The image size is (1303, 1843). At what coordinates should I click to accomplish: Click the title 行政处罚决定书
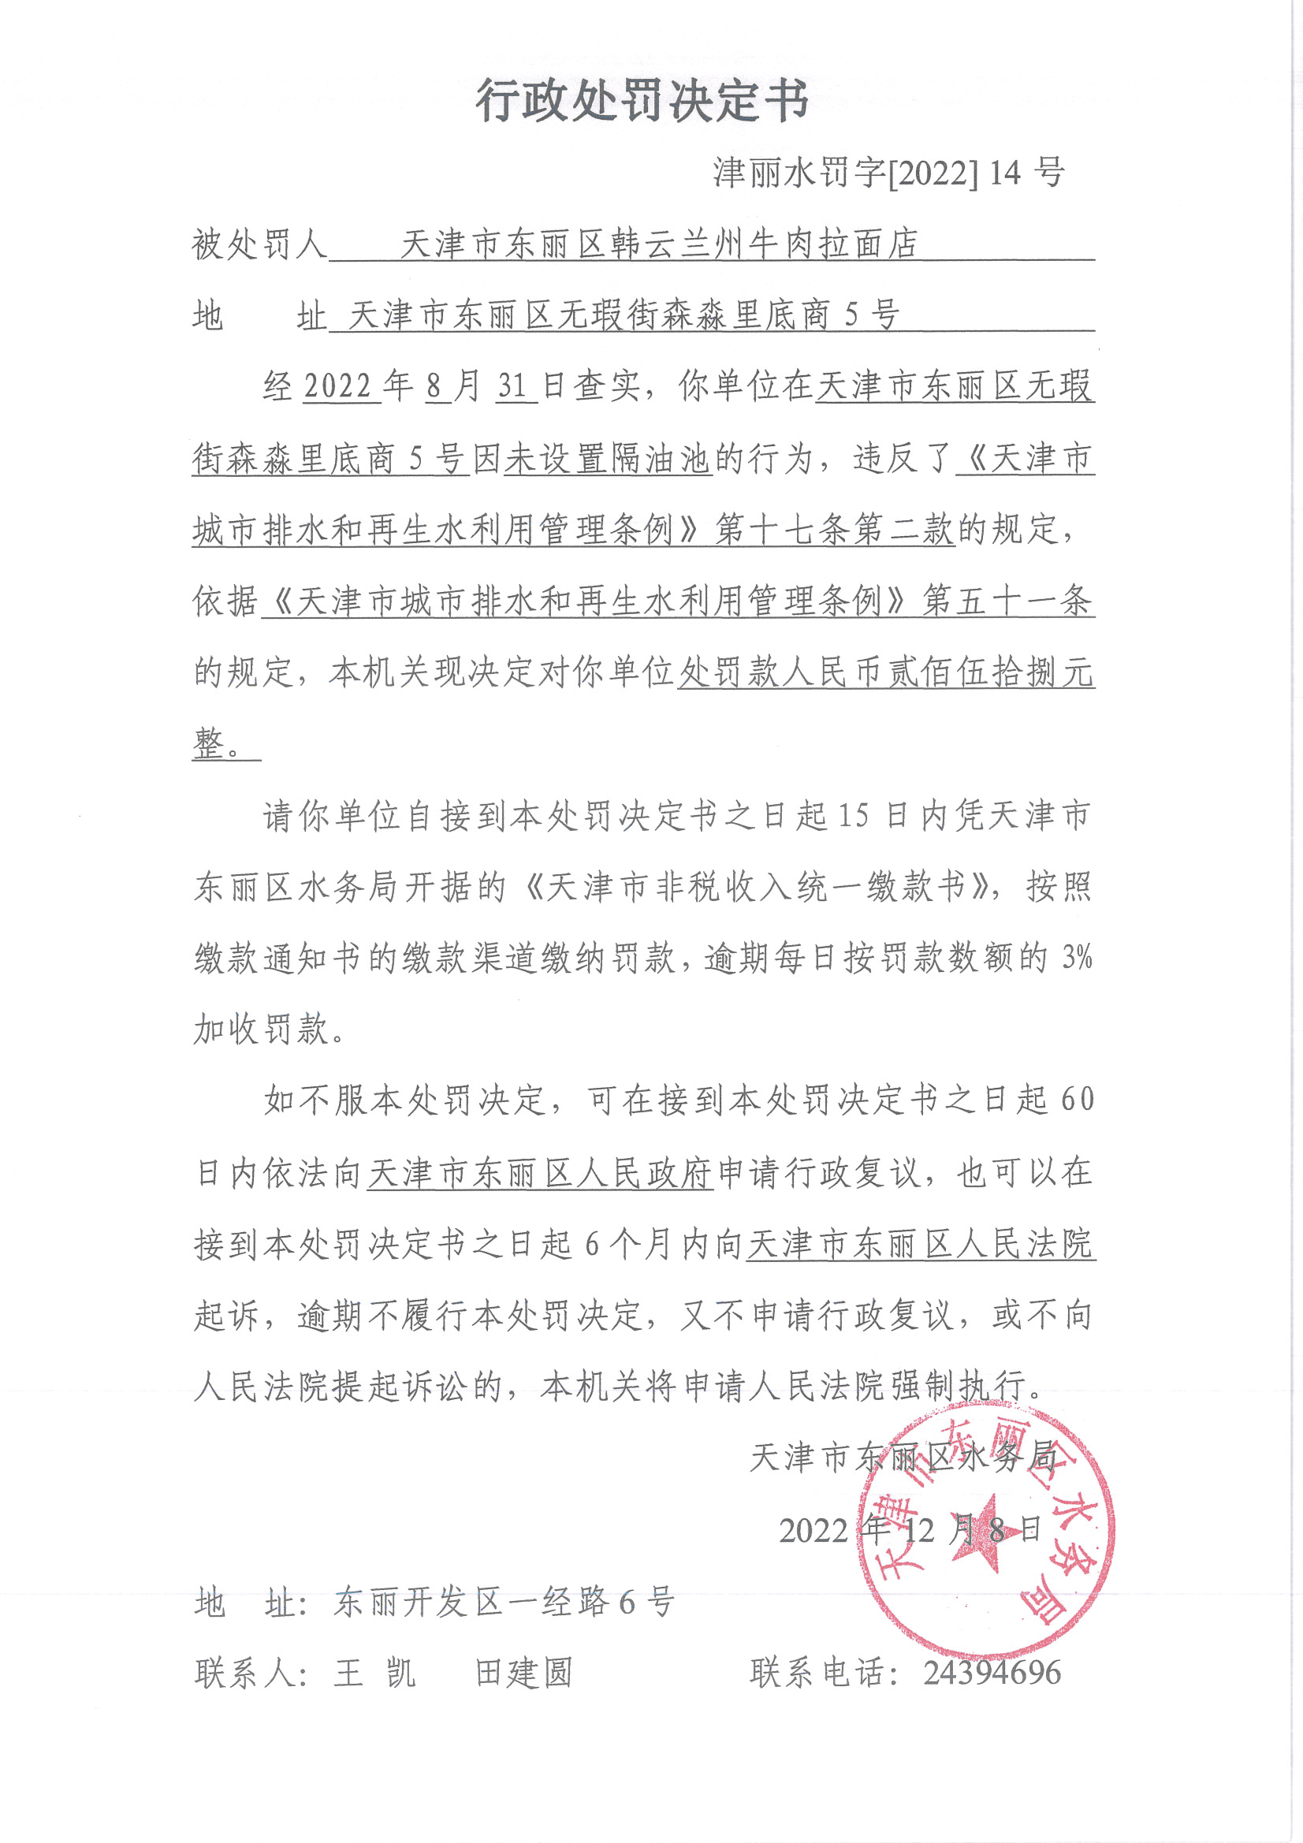(x=642, y=101)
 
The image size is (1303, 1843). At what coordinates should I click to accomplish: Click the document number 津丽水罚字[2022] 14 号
(x=888, y=173)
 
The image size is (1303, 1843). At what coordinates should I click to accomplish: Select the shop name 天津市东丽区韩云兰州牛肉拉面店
(x=658, y=244)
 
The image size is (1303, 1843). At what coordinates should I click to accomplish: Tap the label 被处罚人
(x=259, y=244)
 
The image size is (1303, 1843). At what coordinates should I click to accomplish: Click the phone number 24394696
(x=992, y=1673)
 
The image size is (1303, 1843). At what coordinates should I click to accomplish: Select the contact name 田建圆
(x=523, y=1674)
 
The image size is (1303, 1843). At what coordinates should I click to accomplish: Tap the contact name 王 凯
(x=375, y=1674)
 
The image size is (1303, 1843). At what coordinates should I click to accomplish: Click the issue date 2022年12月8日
(x=910, y=1531)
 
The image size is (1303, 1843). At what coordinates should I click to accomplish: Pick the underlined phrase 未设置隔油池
(x=608, y=459)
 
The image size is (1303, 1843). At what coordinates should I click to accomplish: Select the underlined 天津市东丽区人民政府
(x=540, y=1174)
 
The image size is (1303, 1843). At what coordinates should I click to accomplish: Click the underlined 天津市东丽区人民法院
(x=920, y=1244)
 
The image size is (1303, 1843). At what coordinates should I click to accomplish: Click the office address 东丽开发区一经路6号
(x=504, y=1603)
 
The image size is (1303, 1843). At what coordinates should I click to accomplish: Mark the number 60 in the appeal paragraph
(x=1077, y=1100)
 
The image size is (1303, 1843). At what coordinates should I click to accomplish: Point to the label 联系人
(x=250, y=1674)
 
